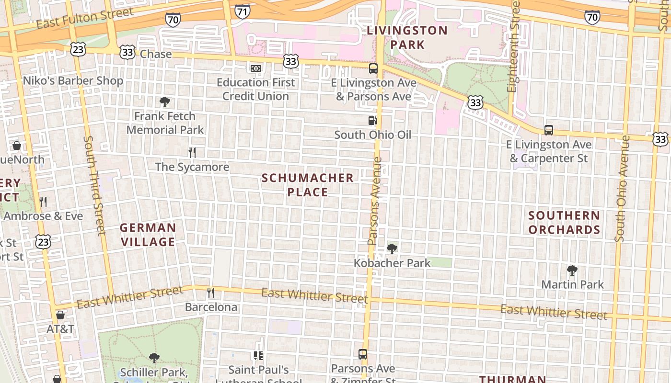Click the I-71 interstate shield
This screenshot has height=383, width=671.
coord(243,11)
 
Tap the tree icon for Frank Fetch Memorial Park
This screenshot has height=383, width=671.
coord(165,101)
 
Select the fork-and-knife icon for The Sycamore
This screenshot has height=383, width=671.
coord(192,153)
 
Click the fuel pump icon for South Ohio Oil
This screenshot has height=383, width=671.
coord(372,120)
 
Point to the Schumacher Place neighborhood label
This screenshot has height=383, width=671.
coord(308,185)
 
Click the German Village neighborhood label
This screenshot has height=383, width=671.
coord(148,235)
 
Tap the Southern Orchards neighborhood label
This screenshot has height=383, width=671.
coord(564,223)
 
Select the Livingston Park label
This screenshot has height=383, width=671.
coord(407,37)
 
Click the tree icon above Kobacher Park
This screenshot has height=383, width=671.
coord(392,248)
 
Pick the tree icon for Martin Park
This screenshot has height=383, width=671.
coord(572,270)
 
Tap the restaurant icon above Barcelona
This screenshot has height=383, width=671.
coord(211,292)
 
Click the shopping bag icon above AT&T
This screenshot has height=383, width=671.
coord(60,315)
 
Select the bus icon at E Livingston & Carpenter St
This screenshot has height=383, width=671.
coord(549,130)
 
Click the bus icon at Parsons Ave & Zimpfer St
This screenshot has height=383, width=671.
coord(363,354)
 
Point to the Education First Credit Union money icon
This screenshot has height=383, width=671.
coord(256,68)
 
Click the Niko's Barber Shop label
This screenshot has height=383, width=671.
coord(73,80)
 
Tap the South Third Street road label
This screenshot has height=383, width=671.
coord(94,186)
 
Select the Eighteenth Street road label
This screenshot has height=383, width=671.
coord(514,46)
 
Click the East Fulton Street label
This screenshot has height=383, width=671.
coord(85,18)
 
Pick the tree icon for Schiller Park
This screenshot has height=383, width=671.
coord(154,358)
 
